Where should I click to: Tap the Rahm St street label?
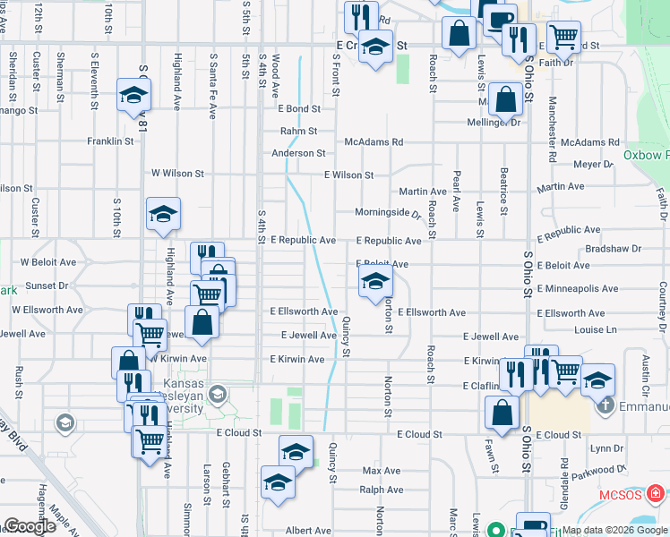click(298, 131)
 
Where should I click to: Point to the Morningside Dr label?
click(388, 213)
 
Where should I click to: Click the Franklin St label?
click(110, 141)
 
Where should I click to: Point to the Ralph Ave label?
click(381, 490)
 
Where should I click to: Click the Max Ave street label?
click(381, 470)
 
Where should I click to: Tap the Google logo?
click(30, 526)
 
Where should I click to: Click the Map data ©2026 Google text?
click(614, 530)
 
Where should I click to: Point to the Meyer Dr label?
click(593, 165)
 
